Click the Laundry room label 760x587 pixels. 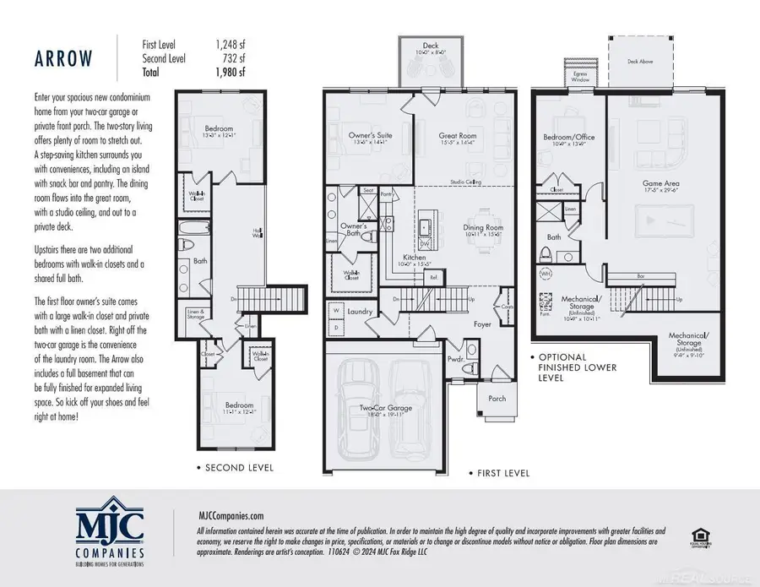[360, 312]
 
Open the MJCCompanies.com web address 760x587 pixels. [219, 514]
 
